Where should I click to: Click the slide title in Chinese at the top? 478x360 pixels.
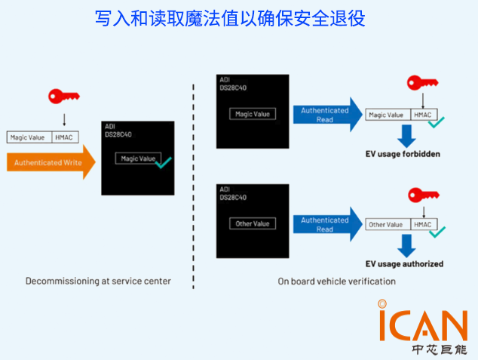click(x=230, y=18)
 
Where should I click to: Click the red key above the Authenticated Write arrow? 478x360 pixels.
click(x=63, y=97)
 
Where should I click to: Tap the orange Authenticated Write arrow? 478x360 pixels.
click(x=51, y=162)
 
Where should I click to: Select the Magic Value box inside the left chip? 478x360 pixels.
click(x=136, y=158)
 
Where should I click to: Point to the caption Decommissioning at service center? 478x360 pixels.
click(x=98, y=281)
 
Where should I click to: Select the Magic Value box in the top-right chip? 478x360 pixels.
click(x=253, y=114)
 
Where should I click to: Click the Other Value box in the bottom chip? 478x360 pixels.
click(x=253, y=223)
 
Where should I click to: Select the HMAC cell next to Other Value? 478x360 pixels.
click(x=423, y=225)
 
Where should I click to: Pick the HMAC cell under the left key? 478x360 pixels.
click(x=64, y=137)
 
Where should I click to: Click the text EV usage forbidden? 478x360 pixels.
click(x=403, y=155)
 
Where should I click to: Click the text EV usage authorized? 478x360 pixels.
click(x=404, y=264)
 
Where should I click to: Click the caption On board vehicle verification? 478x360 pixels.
click(x=336, y=282)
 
